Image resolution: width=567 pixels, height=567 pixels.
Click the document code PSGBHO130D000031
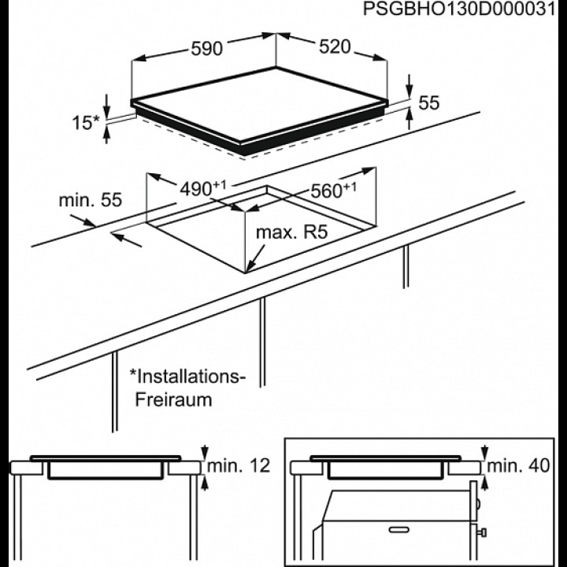click(459, 9)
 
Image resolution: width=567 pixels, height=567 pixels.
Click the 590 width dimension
click(206, 49)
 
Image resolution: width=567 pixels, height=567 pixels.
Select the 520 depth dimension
click(335, 47)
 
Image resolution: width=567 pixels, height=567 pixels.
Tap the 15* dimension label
click(86, 123)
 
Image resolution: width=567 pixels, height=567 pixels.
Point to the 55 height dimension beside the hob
click(429, 102)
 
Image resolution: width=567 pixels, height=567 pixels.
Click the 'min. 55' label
click(91, 200)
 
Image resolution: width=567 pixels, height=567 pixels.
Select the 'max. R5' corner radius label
click(291, 232)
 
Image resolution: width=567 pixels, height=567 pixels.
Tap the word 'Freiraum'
click(173, 399)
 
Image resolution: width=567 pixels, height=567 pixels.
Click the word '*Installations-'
click(187, 376)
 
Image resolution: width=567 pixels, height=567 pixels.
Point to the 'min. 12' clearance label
click(239, 465)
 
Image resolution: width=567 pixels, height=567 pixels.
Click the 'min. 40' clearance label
click(518, 465)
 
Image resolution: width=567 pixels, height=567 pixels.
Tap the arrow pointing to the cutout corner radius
click(256, 258)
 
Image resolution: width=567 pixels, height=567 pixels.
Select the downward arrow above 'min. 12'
click(205, 453)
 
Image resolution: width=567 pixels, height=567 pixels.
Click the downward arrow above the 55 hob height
click(409, 86)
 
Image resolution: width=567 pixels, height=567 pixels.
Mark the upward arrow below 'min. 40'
click(484, 484)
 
